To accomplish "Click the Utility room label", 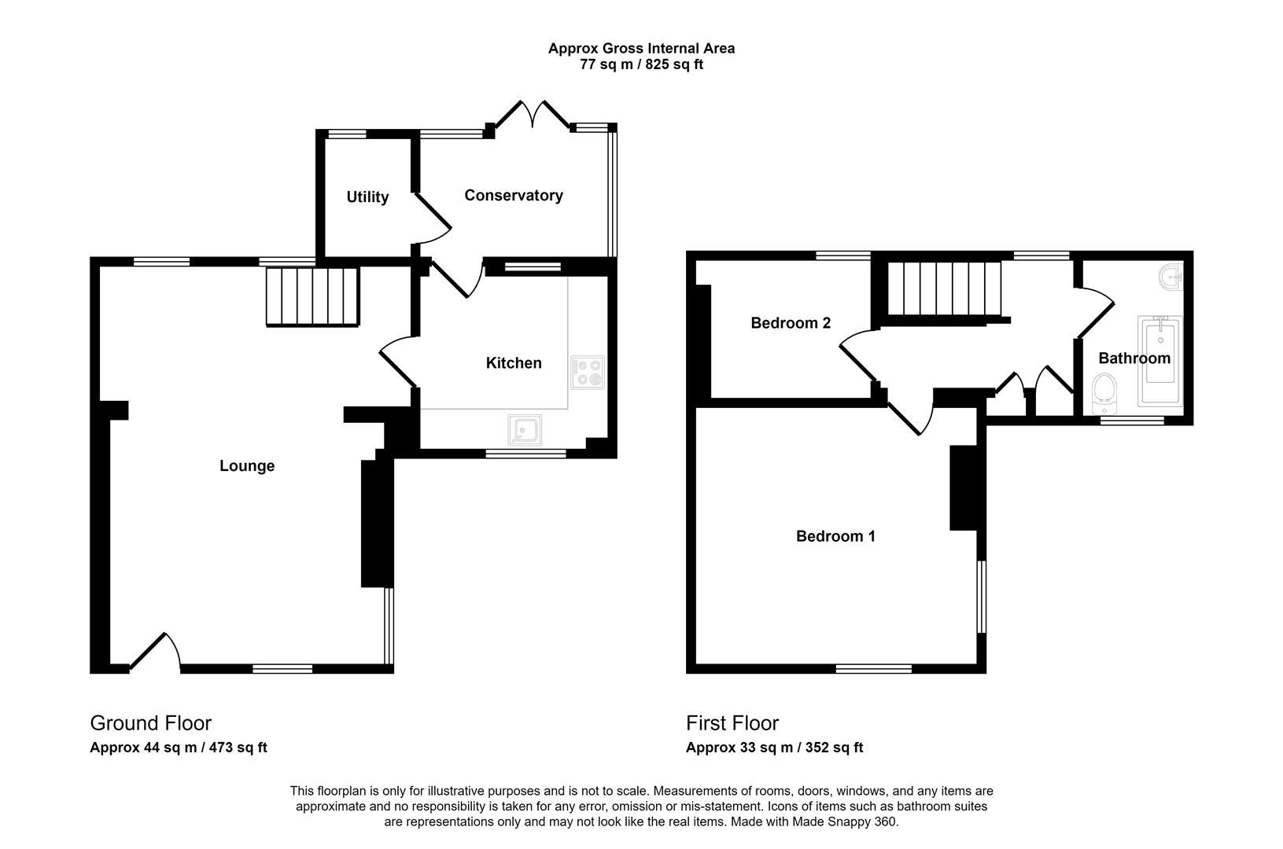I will pyautogui.click(x=367, y=197).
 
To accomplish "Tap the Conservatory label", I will pyautogui.click(x=513, y=195).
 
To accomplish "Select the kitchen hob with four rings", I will pyautogui.click(x=588, y=373).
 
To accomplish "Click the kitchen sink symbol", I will pyautogui.click(x=524, y=430).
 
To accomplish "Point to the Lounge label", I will pyautogui.click(x=246, y=466).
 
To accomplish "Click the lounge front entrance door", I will pyautogui.click(x=156, y=652).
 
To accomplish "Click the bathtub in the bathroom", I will pyautogui.click(x=1160, y=360).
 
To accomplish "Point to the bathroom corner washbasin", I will pyautogui.click(x=1172, y=277).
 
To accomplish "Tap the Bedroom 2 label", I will pyautogui.click(x=791, y=323).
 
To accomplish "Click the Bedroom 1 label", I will pyautogui.click(x=835, y=536).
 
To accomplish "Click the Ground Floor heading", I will pyautogui.click(x=150, y=722).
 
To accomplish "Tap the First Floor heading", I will pyautogui.click(x=732, y=722).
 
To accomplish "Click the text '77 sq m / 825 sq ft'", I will pyautogui.click(x=641, y=64).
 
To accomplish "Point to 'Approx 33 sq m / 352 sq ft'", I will pyautogui.click(x=774, y=748).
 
